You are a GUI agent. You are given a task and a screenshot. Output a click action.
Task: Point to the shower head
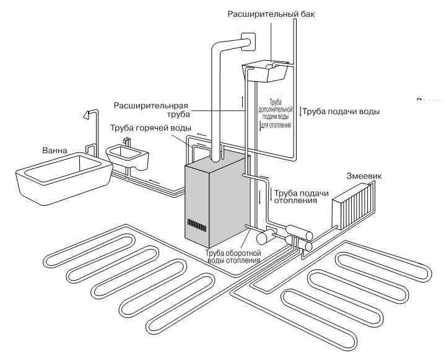[87, 115]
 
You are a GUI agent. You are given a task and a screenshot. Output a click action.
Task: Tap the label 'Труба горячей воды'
[150, 128]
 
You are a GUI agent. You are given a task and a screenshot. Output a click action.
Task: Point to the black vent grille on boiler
[197, 224]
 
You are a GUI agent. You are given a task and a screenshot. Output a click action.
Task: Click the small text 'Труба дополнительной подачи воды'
[279, 112]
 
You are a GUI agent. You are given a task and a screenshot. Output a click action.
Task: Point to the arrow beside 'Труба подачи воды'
[301, 112]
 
